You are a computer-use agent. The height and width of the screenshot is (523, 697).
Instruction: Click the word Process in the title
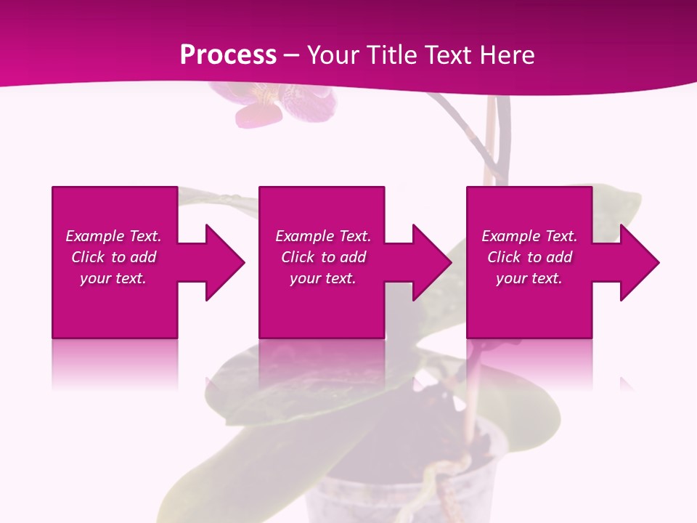point(228,55)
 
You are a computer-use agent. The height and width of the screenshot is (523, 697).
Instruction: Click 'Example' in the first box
point(94,236)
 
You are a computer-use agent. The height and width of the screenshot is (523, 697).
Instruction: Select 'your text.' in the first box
point(113,278)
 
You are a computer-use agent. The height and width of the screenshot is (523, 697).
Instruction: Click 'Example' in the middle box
point(304,236)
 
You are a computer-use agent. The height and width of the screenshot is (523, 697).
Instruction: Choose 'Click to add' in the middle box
point(323,257)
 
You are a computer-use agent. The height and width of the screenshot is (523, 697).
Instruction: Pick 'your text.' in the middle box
point(323,278)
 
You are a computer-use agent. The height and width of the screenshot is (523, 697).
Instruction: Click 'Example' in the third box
point(510,236)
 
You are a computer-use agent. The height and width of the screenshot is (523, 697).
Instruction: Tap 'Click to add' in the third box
point(529,257)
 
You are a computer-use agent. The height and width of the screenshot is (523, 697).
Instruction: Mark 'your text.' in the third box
point(529,278)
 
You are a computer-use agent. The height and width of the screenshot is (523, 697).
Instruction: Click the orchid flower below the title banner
point(290,105)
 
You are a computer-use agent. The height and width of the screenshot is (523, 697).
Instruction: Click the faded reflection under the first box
point(115,363)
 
